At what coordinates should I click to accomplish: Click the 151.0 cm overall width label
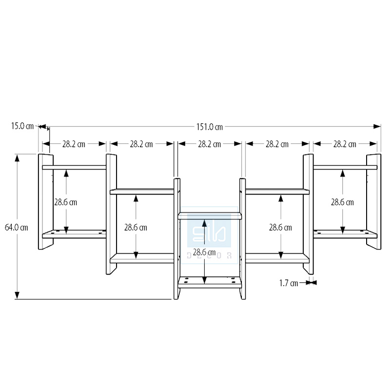coord(209,127)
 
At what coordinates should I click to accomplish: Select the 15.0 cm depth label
coord(22,126)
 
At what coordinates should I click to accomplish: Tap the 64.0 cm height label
coord(16,227)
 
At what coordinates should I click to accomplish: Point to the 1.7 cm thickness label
coord(289,282)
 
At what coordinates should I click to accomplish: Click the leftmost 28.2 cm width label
coord(74,144)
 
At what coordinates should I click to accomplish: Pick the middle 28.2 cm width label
coord(210,144)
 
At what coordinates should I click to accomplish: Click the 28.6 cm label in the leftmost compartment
coord(65,201)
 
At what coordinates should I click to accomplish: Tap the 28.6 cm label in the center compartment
coord(204,252)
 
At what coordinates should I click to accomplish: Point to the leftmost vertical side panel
coord(45,201)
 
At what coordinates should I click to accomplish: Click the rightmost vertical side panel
coord(374,201)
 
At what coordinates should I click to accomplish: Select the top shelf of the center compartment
coord(210,214)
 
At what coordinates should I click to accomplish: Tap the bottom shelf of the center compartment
coord(210,281)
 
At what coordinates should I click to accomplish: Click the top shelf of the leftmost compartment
coord(74,167)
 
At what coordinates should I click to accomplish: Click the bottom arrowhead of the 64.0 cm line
coord(18,295)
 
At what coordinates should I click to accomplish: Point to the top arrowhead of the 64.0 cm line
coord(18,157)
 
